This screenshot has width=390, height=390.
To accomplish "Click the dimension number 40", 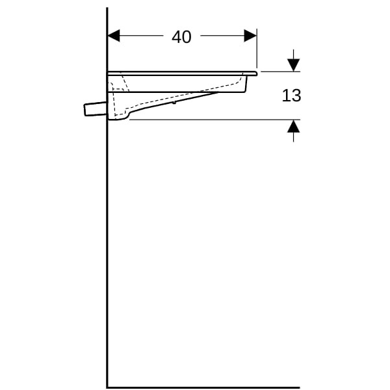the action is point(181,37).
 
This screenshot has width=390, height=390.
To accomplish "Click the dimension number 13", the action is point(291,96).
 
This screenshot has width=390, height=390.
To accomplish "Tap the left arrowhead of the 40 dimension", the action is point(114,36).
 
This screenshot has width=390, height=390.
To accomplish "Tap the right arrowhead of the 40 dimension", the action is point(250,36).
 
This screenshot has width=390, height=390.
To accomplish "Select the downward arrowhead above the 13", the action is point(294,65).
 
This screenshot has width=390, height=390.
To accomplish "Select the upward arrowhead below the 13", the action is point(294,126).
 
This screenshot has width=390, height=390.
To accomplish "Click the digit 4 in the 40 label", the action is point(177,37).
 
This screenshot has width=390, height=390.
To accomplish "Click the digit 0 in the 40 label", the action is point(187,37).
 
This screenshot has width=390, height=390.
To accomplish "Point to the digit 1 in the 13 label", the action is point(285,96).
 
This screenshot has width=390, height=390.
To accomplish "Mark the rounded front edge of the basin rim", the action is point(255,73).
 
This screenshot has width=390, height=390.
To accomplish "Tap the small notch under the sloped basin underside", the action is point(174,102).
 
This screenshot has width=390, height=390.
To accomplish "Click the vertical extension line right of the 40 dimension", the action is point(257,49).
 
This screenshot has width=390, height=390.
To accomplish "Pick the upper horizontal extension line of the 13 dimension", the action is point(281,71).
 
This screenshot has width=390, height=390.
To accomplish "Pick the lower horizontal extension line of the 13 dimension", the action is point(215,120).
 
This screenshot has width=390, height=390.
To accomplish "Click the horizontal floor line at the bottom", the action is point(203,387).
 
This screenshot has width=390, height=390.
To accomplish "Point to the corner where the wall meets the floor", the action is point(107,387).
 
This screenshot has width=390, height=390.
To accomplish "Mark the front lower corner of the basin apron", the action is point(246,92).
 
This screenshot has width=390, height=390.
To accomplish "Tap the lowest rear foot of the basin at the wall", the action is point(118,118).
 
